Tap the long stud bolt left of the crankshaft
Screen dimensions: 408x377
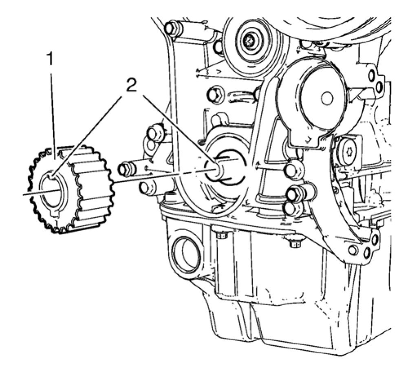[130, 168]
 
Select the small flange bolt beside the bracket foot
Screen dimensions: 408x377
[296, 243]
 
